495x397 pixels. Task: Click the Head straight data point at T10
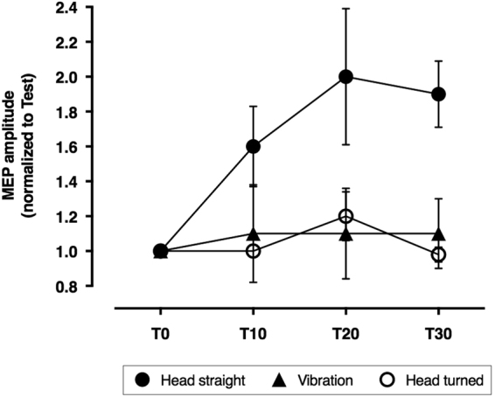pyautogui.click(x=254, y=146)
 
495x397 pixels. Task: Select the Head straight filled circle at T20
pyautogui.click(x=346, y=77)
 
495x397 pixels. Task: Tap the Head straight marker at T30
pyautogui.click(x=438, y=94)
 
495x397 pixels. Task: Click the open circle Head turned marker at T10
pyautogui.click(x=254, y=251)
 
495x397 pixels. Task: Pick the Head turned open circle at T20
pyautogui.click(x=346, y=216)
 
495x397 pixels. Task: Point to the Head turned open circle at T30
pyautogui.click(x=438, y=254)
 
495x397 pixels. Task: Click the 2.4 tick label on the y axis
pyautogui.click(x=93, y=8)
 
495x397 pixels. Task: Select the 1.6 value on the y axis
pyautogui.click(x=93, y=147)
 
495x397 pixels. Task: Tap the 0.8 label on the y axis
pyautogui.click(x=93, y=286)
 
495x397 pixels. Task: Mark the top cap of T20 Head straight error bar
pyautogui.click(x=346, y=9)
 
